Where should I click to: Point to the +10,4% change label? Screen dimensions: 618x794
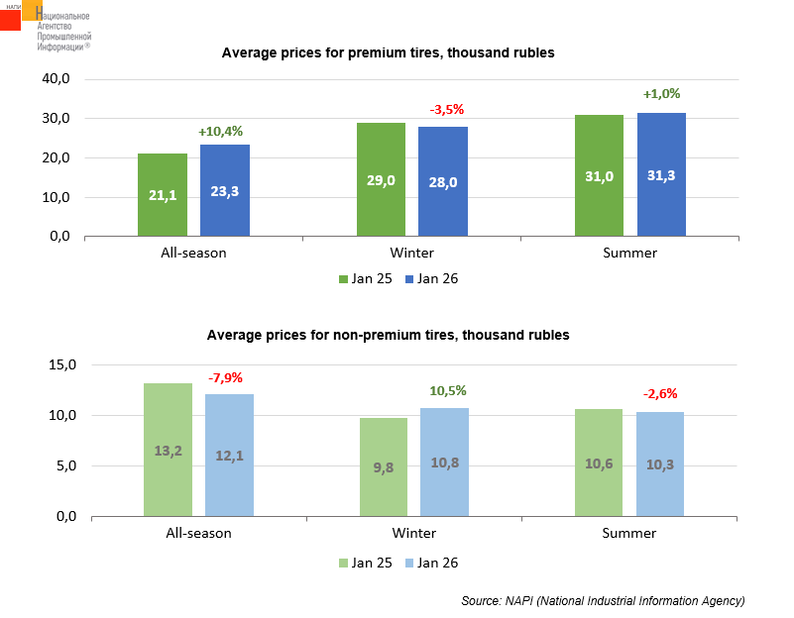[x=220, y=131]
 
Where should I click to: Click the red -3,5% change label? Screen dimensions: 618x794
[x=446, y=109]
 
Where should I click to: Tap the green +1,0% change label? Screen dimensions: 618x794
[x=661, y=94]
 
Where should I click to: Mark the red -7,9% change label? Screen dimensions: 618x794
[x=225, y=377]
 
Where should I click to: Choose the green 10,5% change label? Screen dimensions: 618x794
[x=447, y=390]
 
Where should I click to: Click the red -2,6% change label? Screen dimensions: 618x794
[x=661, y=394]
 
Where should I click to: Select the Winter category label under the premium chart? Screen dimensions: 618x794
[x=412, y=253]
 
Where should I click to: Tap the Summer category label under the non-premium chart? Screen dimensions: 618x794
[x=629, y=533]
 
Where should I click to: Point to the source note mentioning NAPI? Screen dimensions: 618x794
[x=603, y=601]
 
